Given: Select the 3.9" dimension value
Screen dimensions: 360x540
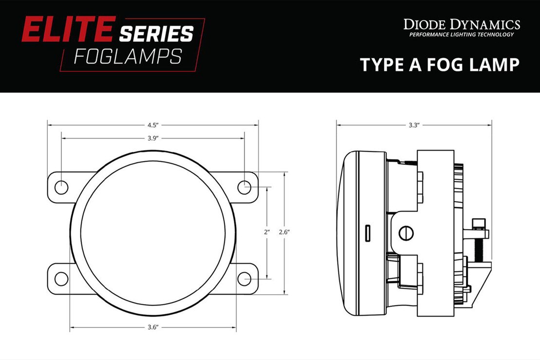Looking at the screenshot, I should [x=152, y=138].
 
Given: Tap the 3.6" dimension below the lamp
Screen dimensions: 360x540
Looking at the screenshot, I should [x=152, y=327].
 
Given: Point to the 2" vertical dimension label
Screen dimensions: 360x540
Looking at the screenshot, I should [x=267, y=233].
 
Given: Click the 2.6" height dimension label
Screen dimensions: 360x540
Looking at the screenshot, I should [x=284, y=233].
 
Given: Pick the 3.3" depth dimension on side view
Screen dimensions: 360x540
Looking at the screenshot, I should [x=413, y=125].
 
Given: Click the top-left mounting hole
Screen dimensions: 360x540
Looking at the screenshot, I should [x=61, y=187].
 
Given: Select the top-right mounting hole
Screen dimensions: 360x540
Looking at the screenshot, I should [x=244, y=187].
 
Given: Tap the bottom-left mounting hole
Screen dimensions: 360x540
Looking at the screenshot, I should [x=61, y=279].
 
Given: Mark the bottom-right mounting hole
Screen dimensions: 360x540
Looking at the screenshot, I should [x=244, y=279].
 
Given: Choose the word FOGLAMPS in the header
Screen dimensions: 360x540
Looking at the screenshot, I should [x=128, y=57].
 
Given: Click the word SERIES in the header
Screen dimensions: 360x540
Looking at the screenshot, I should [x=156, y=33].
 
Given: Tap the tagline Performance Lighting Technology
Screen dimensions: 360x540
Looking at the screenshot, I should [x=461, y=35].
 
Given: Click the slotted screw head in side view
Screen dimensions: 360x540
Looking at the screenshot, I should [x=406, y=233].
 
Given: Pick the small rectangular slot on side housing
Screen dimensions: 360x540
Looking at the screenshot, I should [x=369, y=233].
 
